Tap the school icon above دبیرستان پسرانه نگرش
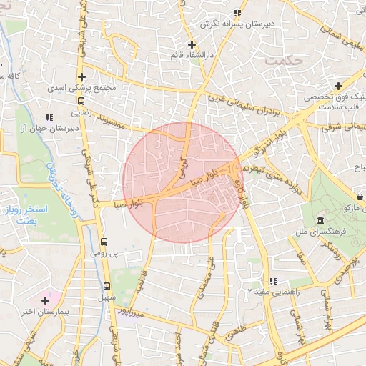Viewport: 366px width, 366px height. [237, 13]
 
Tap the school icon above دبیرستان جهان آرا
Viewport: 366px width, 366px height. [49, 117]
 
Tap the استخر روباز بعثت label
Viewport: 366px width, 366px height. [31, 215]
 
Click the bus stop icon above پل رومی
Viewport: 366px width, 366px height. [105, 242]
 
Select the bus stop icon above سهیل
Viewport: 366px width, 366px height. [107, 285]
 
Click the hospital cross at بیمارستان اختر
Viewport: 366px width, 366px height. [47, 299]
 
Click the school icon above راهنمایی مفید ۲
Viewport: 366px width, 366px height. [272, 281]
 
